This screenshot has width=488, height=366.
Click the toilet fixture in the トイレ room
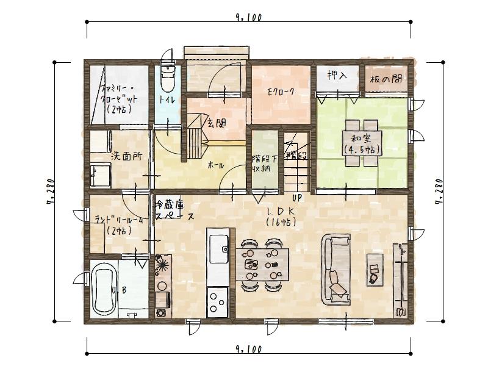pyautogui.click(x=167, y=79)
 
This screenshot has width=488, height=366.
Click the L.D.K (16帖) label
pyautogui.click(x=281, y=217)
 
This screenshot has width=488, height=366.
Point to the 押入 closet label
pyautogui.click(x=337, y=76)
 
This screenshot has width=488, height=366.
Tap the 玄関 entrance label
pyautogui.click(x=216, y=123)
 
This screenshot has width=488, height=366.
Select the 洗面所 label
pyautogui.click(x=126, y=156)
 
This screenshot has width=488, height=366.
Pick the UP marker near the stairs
pyautogui.click(x=298, y=198)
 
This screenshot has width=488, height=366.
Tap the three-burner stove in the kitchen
pyautogui.click(x=218, y=300)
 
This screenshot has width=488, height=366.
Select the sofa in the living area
pyautogui.click(x=335, y=268)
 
